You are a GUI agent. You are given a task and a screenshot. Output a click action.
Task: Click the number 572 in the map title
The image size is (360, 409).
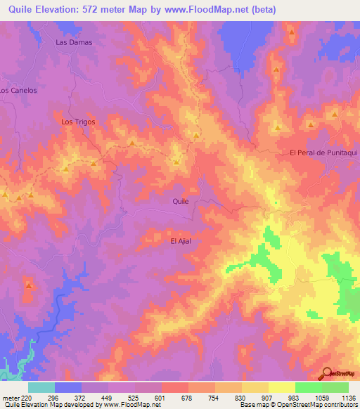(x=91, y=10)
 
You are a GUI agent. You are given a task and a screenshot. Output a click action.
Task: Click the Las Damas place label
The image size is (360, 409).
(x=74, y=42)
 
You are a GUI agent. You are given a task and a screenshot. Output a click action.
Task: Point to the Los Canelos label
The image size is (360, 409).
(x=18, y=91)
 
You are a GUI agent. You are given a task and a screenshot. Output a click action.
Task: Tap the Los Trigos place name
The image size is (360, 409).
(x=77, y=122)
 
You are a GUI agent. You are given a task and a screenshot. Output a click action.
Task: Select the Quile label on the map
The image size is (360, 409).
(x=181, y=201)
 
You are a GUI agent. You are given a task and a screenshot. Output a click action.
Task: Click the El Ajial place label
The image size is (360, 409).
(x=181, y=241)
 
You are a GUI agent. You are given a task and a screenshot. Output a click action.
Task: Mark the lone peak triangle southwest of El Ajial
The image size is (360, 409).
(x=29, y=285)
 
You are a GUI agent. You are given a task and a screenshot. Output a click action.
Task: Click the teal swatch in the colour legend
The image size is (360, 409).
(x=41, y=387)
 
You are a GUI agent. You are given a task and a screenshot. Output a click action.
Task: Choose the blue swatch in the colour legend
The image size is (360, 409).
(x=68, y=387)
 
